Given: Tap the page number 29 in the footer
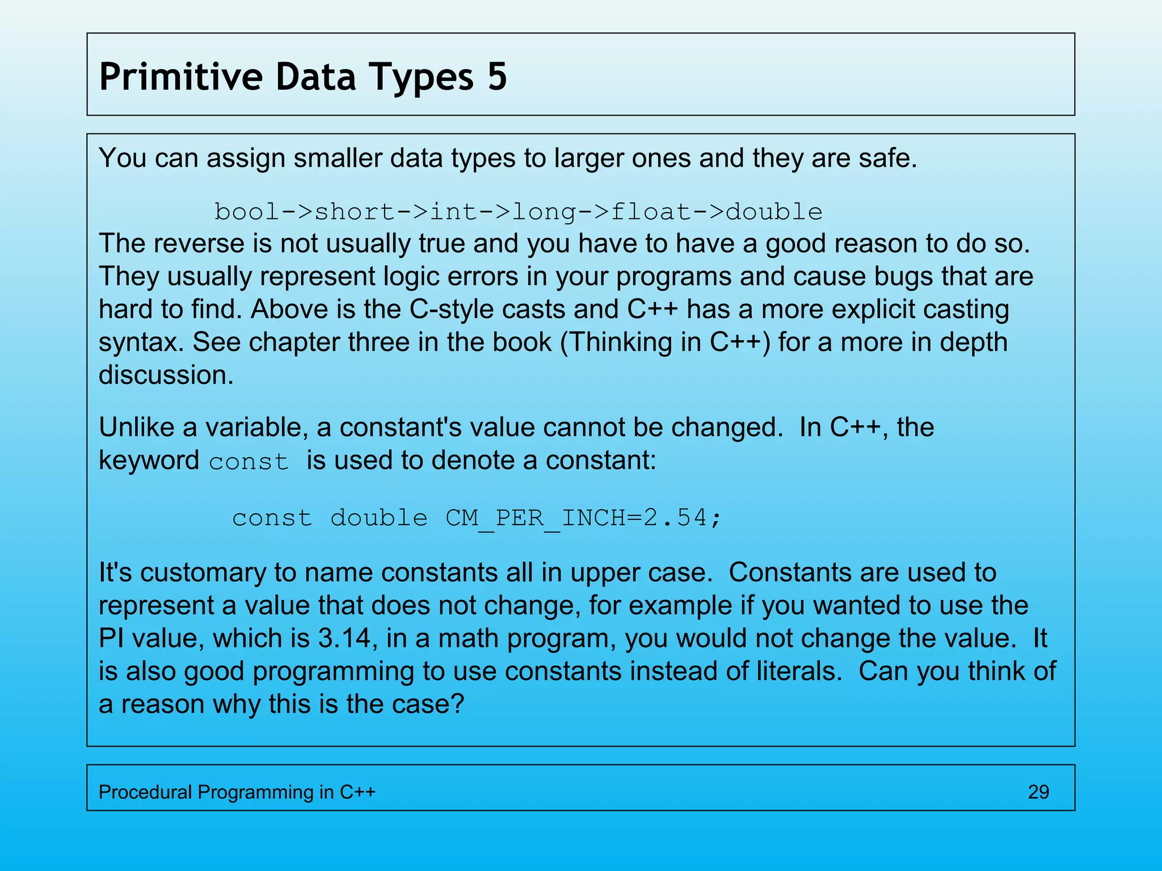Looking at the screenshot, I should point(1038,792).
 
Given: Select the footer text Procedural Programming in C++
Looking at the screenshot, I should point(237,792).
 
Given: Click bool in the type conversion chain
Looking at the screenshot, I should point(246,212).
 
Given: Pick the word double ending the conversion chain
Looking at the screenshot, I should point(774,212).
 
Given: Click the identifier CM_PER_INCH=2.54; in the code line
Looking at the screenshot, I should point(583,518).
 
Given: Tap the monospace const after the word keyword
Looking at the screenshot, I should point(249,462).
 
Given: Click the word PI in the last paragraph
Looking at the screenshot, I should point(111,639).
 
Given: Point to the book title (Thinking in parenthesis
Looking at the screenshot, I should point(630,343).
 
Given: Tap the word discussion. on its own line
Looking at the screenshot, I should point(166,375).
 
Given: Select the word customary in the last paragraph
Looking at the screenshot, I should point(203,573).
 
